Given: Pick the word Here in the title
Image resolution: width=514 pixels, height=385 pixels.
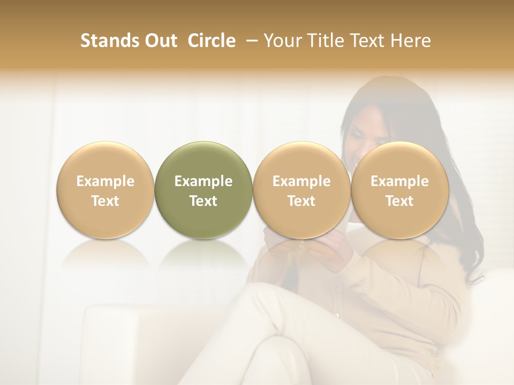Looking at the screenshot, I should [x=410, y=41].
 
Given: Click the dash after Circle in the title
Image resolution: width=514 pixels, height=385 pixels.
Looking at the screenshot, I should [x=250, y=41].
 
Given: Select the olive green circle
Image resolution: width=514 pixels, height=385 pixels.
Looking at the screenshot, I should [x=203, y=190].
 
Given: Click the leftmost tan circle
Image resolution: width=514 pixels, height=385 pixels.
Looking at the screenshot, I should [x=105, y=190].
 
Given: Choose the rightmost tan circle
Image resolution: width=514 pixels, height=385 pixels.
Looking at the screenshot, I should [x=399, y=190].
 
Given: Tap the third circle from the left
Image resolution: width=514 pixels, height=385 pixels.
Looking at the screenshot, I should [x=301, y=190].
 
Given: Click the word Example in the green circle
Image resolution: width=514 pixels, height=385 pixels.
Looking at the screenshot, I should [x=203, y=181].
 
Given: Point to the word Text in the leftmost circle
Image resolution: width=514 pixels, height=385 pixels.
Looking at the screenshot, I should [x=105, y=201].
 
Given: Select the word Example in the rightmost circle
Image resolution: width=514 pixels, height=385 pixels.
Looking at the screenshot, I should [x=399, y=181].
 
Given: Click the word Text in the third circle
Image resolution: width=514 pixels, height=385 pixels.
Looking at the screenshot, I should [x=301, y=201].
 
